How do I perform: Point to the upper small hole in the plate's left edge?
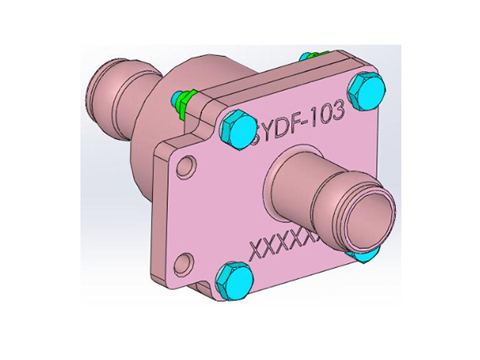185,168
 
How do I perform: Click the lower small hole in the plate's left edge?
183,261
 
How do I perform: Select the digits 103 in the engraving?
329,114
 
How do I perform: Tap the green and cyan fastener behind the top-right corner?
309,56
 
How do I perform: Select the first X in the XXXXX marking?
258,250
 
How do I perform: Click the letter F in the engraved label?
298,122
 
